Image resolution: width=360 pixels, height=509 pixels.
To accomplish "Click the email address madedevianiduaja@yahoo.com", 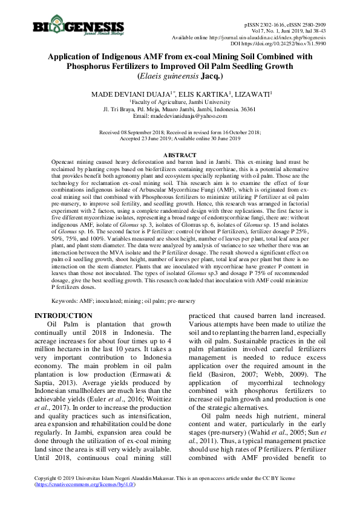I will click(192, 115).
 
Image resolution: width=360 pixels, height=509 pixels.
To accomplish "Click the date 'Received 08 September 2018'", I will click(133, 131).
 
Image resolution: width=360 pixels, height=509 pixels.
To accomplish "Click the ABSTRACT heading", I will click(180, 156).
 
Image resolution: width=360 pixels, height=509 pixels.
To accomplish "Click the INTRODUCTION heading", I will click(63, 316).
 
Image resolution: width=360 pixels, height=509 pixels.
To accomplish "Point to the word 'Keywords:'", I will click(65, 300).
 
